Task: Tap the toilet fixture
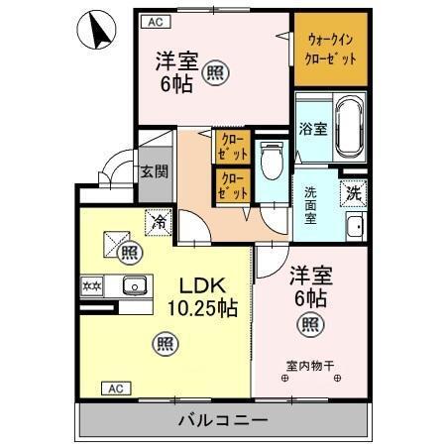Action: click(270, 159)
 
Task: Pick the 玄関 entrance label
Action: click(153, 170)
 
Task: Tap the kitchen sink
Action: click(134, 286)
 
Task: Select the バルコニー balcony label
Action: click(222, 420)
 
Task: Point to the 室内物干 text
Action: click(311, 364)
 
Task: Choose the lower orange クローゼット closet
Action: click(231, 185)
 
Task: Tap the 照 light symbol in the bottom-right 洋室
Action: click(310, 322)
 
